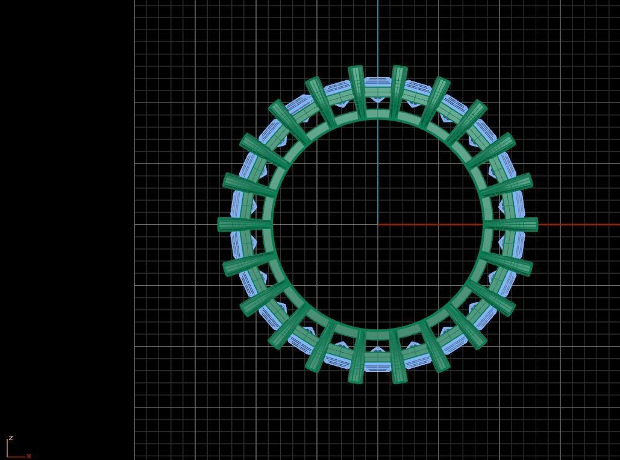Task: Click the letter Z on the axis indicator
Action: click(x=11, y=438)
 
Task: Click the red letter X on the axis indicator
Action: click(x=28, y=456)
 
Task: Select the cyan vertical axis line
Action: click(x=378, y=36)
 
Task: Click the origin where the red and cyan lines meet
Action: click(x=378, y=224)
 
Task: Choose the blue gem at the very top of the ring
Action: click(x=378, y=87)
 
